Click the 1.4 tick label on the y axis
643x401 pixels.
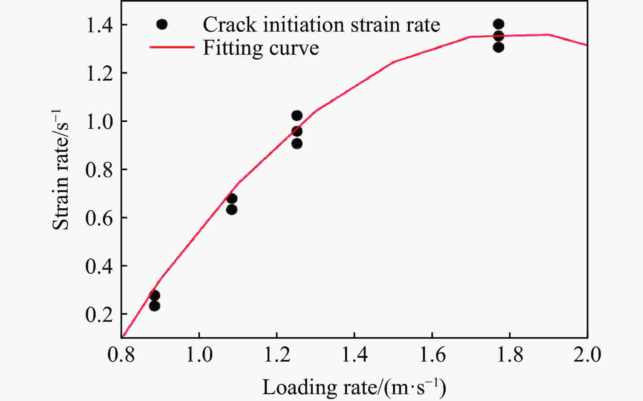coord(99,26)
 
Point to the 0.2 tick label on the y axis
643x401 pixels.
coord(99,315)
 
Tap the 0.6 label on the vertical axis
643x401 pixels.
coord(99,219)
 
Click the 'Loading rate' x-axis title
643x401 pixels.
coord(354,387)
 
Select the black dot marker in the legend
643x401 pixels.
coord(162,24)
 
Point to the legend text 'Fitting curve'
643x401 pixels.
coord(261,48)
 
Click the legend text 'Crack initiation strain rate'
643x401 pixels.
coord(321,24)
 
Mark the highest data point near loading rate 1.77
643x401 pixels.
coord(498,24)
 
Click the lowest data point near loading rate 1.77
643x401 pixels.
coord(498,47)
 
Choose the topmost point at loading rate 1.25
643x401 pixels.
coord(297,116)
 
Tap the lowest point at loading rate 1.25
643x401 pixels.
coord(297,144)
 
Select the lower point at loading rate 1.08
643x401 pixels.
coord(232,210)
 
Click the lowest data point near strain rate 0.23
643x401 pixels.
coord(154,306)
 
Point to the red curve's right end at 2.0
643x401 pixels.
coord(587,45)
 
